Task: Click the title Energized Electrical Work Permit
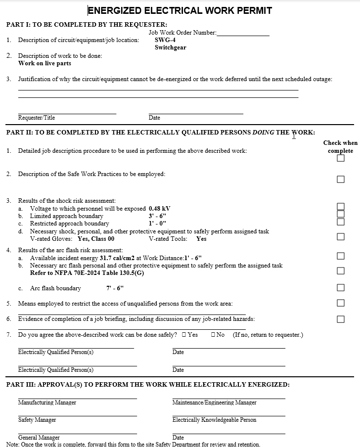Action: [180, 10]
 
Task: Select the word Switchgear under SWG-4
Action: [170, 47]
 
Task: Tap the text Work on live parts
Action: [45, 63]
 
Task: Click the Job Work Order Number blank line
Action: [243, 35]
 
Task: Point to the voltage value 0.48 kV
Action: [159, 209]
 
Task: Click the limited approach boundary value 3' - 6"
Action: [157, 216]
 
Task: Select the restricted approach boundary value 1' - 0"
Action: [157, 223]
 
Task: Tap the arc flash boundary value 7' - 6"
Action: [116, 288]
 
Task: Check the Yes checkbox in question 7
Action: [184, 335]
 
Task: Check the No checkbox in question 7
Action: [213, 335]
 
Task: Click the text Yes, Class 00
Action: [96, 239]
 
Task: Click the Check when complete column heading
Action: [340, 147]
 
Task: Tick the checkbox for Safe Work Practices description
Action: [341, 179]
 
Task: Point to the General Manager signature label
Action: [39, 438]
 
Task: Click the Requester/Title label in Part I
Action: [37, 118]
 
